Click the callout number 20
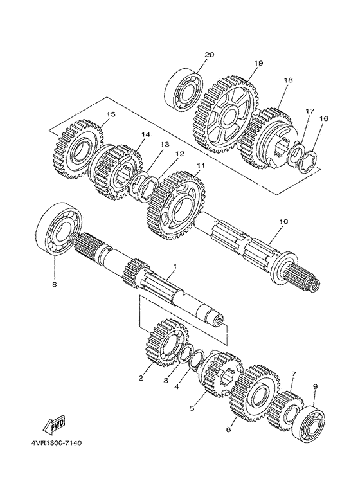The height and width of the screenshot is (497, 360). point(208,55)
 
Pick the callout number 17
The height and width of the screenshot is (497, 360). point(309,111)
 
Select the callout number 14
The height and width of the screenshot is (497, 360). point(145,134)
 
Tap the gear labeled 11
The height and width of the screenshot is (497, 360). point(177,204)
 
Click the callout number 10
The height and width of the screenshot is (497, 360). point(283,221)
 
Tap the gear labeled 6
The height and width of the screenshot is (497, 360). point(256,395)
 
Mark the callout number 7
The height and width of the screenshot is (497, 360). point(293,374)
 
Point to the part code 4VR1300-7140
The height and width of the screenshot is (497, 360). point(55,443)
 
